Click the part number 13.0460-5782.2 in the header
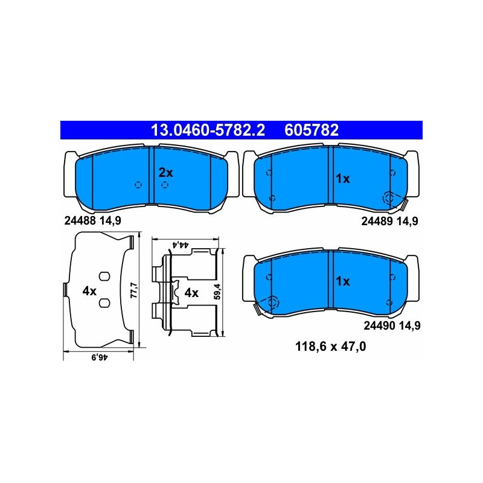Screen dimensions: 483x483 tap(208, 130)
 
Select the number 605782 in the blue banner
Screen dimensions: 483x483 tap(312, 130)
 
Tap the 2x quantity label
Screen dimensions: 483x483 tap(165, 173)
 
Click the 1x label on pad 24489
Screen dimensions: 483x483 tap(343, 179)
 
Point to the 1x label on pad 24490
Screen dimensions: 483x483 tap(343, 281)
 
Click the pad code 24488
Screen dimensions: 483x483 tap(80, 220)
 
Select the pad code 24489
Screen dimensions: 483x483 tap(377, 221)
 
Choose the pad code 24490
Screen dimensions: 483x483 tap(380, 325)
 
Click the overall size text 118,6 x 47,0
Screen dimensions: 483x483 tap(330, 347)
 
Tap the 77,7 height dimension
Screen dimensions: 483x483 tap(135, 290)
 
